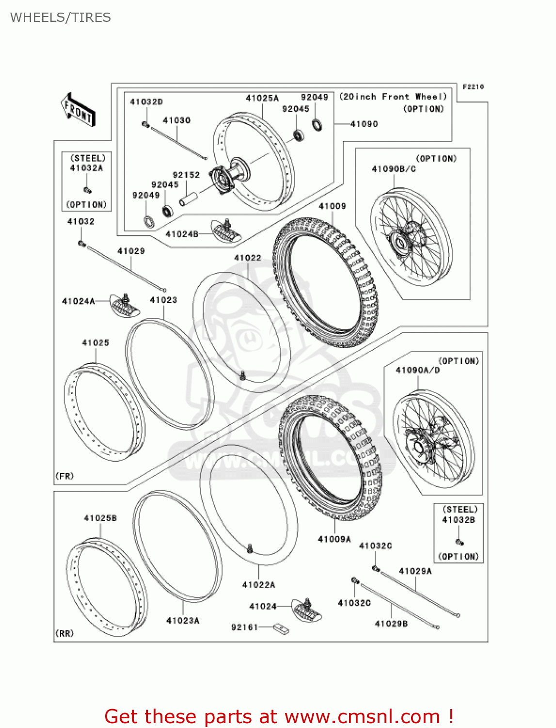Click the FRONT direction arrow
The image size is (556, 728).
pos(78,110)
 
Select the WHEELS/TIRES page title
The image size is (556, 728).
pos(61,17)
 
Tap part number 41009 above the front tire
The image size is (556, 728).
pos(332,206)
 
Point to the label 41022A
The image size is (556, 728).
pos(258,585)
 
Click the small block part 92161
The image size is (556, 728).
pos(281,629)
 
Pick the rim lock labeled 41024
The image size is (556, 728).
pos(307,610)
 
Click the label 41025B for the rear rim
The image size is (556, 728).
pos(100,518)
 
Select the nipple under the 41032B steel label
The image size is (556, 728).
pos(459,542)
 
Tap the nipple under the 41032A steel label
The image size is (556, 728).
pos(87,190)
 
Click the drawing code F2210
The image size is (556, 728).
pos(473,87)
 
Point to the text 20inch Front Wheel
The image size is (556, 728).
pos(393,97)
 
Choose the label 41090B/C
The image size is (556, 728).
pos(393,169)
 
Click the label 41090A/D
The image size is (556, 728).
pos(417,370)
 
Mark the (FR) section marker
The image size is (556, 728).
pos(64,476)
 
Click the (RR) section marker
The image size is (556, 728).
pos(64,633)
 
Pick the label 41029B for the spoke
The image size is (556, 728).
pos(391,624)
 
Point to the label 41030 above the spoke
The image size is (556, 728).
pos(176,120)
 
